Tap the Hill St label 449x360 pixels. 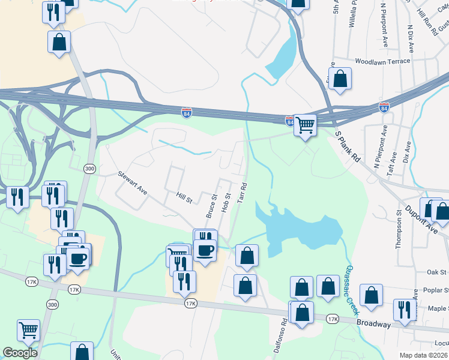(x=184, y=197)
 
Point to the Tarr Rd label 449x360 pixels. (x=243, y=193)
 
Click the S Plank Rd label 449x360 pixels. (x=347, y=147)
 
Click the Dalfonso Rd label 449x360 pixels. (x=284, y=340)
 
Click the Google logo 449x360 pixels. (x=20, y=353)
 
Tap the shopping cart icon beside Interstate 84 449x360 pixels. (x=305, y=125)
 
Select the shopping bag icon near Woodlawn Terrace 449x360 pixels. (x=340, y=79)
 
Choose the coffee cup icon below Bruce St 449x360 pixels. (x=205, y=250)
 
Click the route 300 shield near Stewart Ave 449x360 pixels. (x=89, y=169)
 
